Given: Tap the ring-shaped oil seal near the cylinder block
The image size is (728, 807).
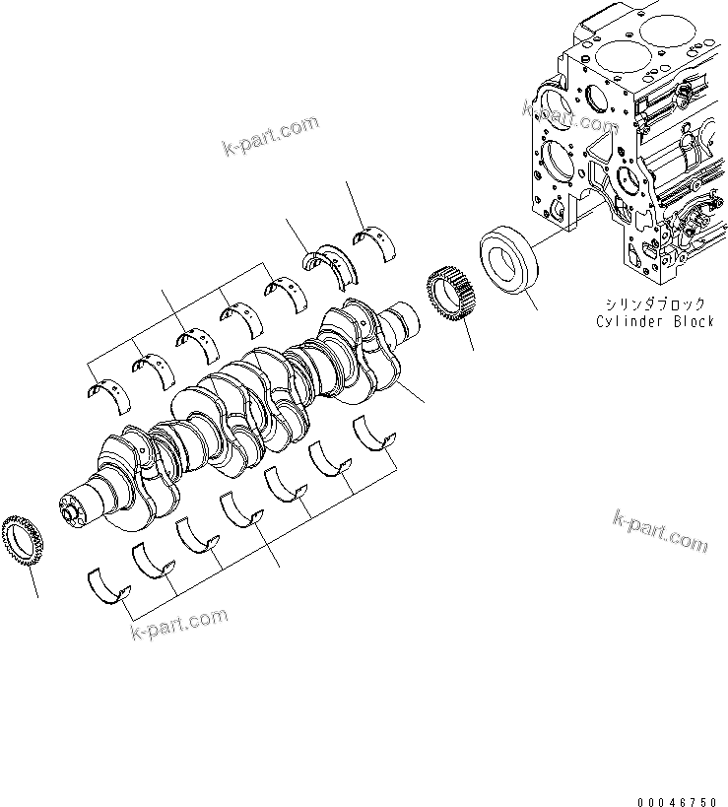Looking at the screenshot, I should click(509, 259).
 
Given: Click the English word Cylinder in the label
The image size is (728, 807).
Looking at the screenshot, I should click(629, 322).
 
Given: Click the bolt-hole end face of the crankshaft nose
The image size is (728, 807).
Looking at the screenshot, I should click(69, 511).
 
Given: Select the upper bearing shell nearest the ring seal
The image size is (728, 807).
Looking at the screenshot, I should click(375, 241).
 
